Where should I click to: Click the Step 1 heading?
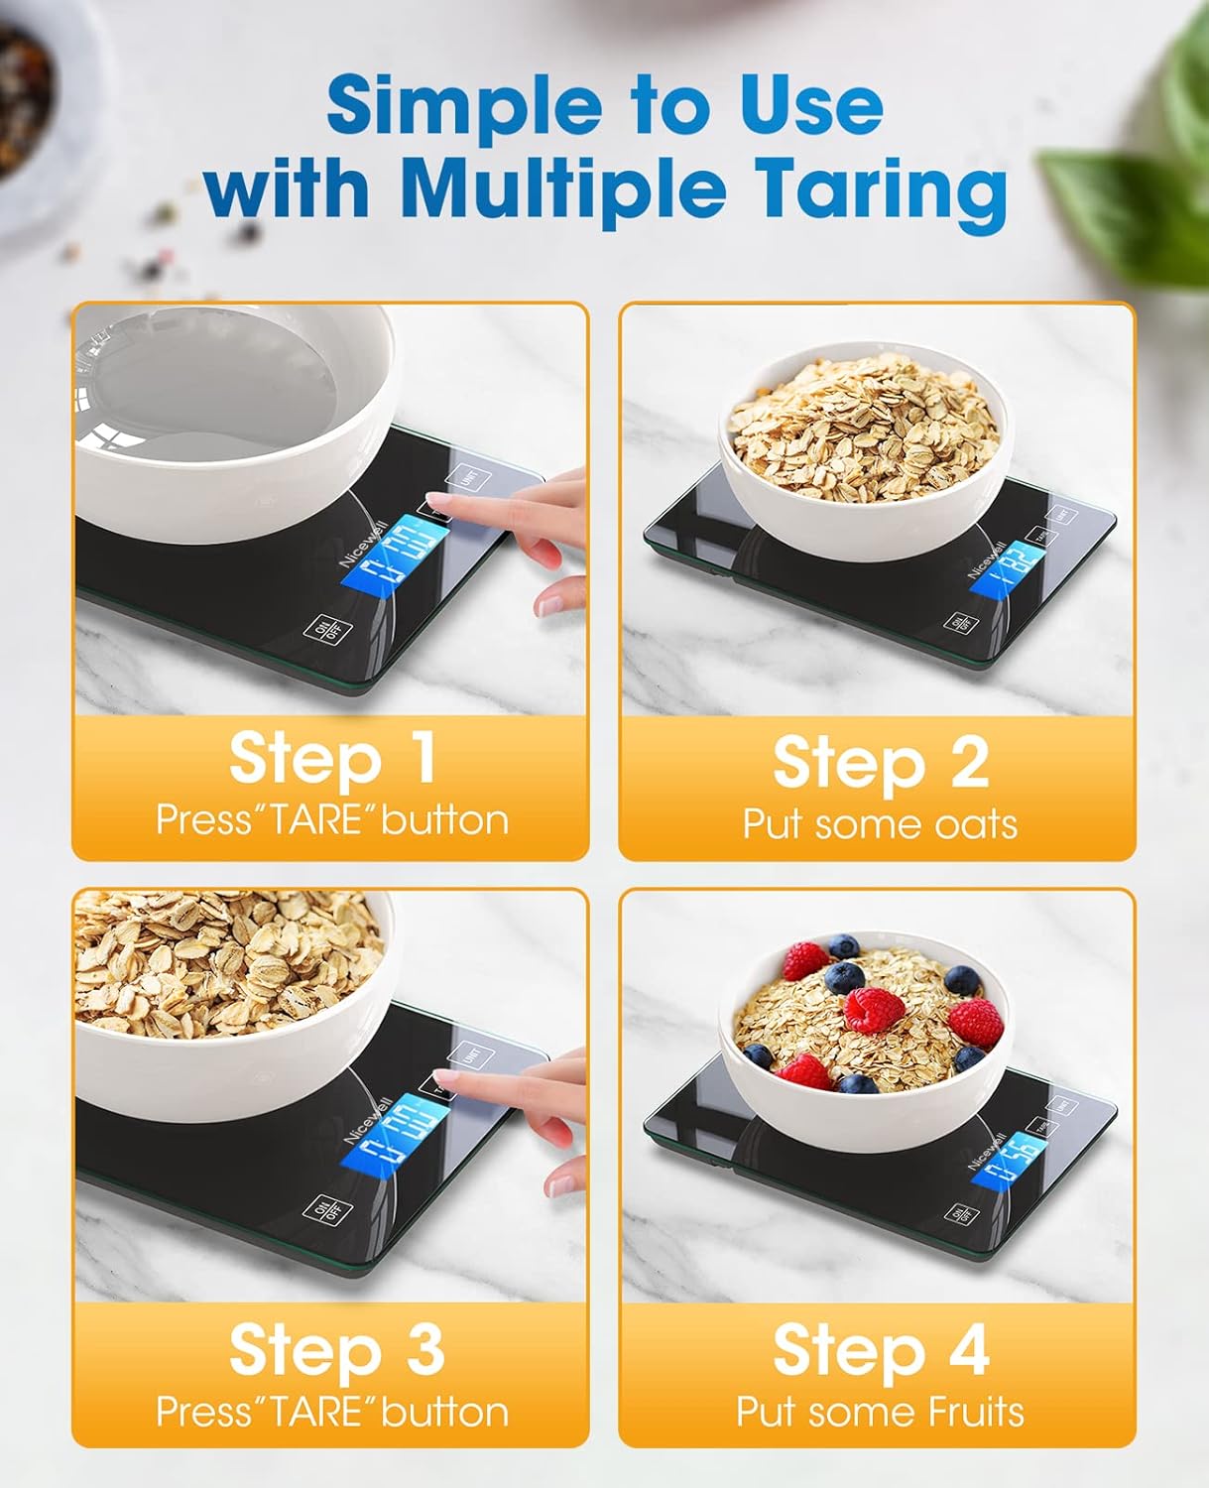click(331, 758)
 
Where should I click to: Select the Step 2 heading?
click(880, 763)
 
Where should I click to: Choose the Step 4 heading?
click(880, 1350)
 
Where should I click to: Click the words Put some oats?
click(880, 824)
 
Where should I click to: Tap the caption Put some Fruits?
click(880, 1412)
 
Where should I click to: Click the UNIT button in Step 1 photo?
click(466, 480)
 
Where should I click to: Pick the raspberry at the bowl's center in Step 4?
click(873, 1010)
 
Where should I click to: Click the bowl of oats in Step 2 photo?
click(863, 446)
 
